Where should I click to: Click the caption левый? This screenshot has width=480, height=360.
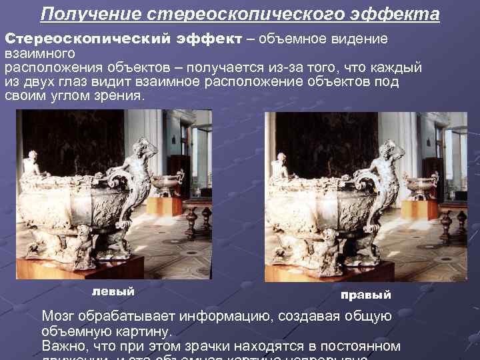coord(113,291)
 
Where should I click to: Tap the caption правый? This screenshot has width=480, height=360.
coord(365,295)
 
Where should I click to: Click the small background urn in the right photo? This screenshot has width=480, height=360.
coord(421,185)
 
